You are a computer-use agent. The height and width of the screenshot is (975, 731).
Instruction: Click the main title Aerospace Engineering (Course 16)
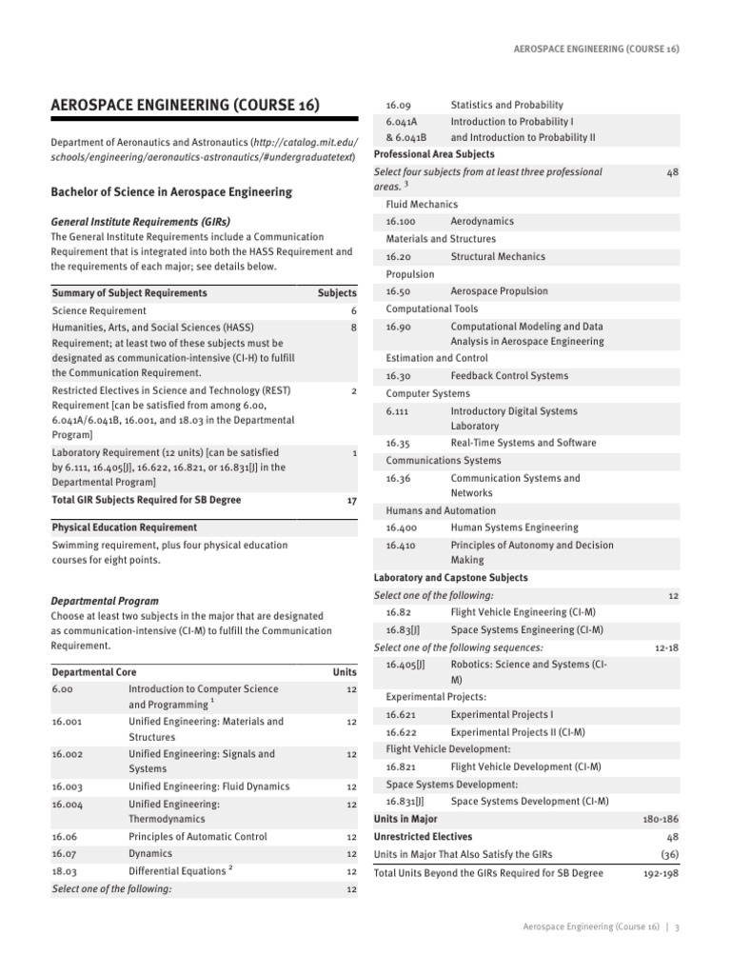click(x=185, y=105)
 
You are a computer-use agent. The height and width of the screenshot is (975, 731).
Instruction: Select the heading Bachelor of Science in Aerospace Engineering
click(x=170, y=192)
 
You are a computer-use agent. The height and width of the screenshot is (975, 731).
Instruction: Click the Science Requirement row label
click(x=99, y=310)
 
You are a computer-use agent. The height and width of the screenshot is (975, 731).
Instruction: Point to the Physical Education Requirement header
click(x=125, y=527)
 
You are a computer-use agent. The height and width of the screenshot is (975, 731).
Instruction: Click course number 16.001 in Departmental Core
click(x=69, y=722)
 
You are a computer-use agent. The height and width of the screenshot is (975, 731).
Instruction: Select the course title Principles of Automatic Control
click(x=196, y=836)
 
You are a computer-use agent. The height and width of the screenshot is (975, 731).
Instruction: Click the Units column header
click(x=345, y=671)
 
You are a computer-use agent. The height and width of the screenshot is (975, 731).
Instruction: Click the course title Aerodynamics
click(x=483, y=222)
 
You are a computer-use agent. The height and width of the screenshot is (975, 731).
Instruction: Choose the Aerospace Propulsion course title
click(x=499, y=291)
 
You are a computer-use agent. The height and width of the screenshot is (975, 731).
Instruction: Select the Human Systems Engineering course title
click(x=514, y=527)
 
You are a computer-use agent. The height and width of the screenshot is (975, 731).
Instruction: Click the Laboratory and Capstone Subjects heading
click(x=450, y=578)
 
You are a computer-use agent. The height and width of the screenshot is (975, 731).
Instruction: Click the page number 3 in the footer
click(x=677, y=926)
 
